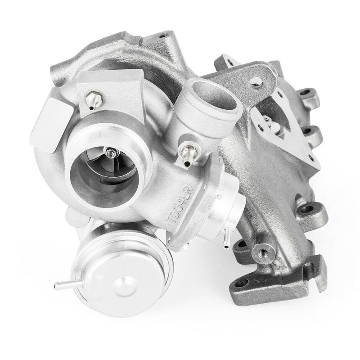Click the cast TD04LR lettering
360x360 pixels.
click(x=180, y=204)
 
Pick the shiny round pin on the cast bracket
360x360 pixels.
click(x=256, y=82)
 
